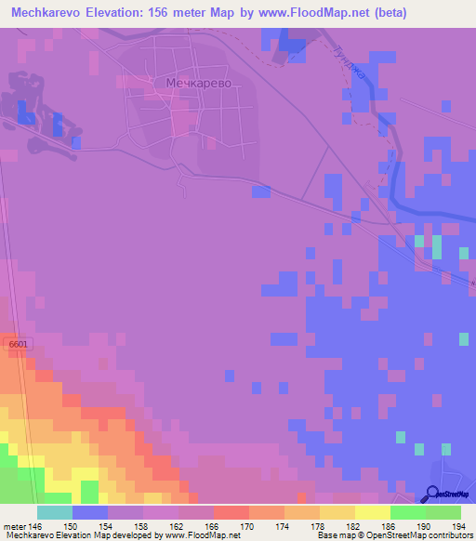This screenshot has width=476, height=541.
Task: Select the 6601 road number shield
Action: click(19, 345)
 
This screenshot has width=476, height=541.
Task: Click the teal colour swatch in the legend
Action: click(54, 512)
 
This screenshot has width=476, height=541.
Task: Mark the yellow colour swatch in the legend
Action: click(372, 512)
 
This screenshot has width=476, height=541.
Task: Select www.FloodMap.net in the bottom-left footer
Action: click(190, 535)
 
